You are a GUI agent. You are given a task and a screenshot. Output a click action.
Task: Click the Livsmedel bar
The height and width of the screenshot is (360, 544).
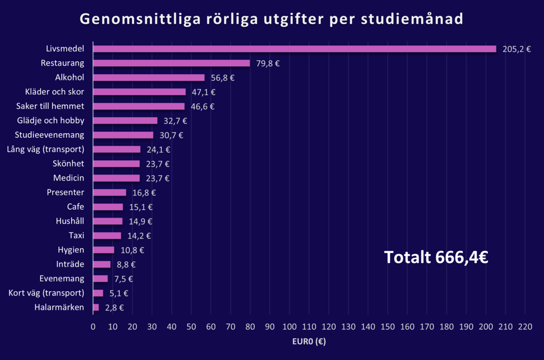(295, 49)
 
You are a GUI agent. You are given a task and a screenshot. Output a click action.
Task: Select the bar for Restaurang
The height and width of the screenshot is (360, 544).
(171, 63)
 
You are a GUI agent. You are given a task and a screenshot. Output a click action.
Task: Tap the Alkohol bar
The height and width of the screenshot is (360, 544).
(149, 78)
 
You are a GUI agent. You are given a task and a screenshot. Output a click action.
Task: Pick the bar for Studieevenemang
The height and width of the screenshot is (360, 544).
(123, 135)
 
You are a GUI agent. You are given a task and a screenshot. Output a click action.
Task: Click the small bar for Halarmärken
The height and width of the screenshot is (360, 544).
(96, 307)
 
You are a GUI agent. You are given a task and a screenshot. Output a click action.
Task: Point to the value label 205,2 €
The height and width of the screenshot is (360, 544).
(516, 49)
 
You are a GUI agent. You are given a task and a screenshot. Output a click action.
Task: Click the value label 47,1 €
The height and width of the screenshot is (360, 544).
(204, 92)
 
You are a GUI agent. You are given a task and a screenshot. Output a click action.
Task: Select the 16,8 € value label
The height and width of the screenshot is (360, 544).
(144, 192)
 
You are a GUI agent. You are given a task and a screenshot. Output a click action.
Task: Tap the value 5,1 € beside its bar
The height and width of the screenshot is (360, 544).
(119, 293)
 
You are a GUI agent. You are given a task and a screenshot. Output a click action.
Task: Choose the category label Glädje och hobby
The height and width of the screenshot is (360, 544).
(50, 120)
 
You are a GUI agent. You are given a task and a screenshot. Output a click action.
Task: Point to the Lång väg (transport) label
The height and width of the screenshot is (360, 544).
(46, 149)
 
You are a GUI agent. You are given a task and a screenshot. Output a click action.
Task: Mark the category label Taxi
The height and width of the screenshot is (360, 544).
(76, 235)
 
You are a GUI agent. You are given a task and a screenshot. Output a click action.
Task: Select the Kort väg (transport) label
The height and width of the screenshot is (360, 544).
(46, 293)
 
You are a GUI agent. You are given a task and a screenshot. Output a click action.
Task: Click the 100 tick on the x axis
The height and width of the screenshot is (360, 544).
(289, 327)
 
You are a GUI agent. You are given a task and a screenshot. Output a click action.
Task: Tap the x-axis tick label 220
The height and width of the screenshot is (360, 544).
(525, 327)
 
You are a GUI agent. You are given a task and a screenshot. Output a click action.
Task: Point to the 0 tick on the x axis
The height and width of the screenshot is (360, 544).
(93, 327)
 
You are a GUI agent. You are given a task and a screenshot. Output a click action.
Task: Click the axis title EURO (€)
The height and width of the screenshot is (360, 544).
(309, 342)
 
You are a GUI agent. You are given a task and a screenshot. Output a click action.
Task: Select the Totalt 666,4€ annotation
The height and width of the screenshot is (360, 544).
(436, 257)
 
